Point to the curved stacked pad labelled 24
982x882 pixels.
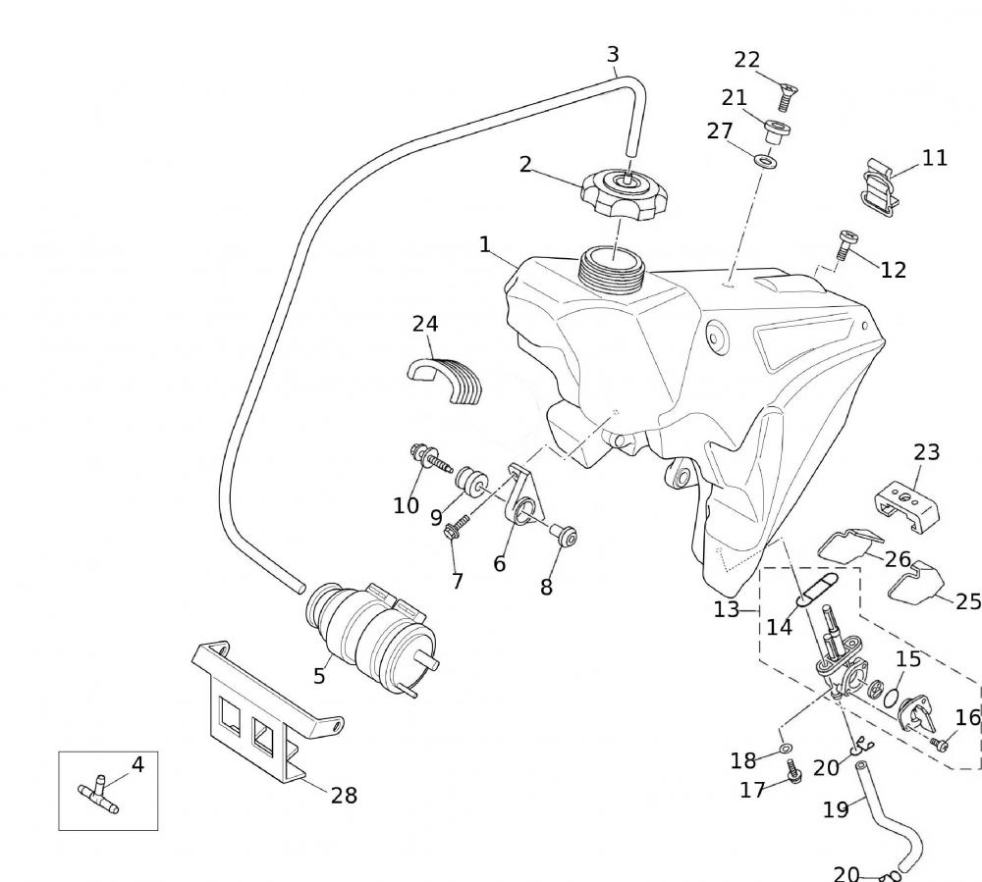coord(447,378)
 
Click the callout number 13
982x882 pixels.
coord(727,609)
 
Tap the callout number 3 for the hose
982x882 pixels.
coord(613,55)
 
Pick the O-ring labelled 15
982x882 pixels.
coord(893,698)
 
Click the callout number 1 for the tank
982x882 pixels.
coord(485,244)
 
